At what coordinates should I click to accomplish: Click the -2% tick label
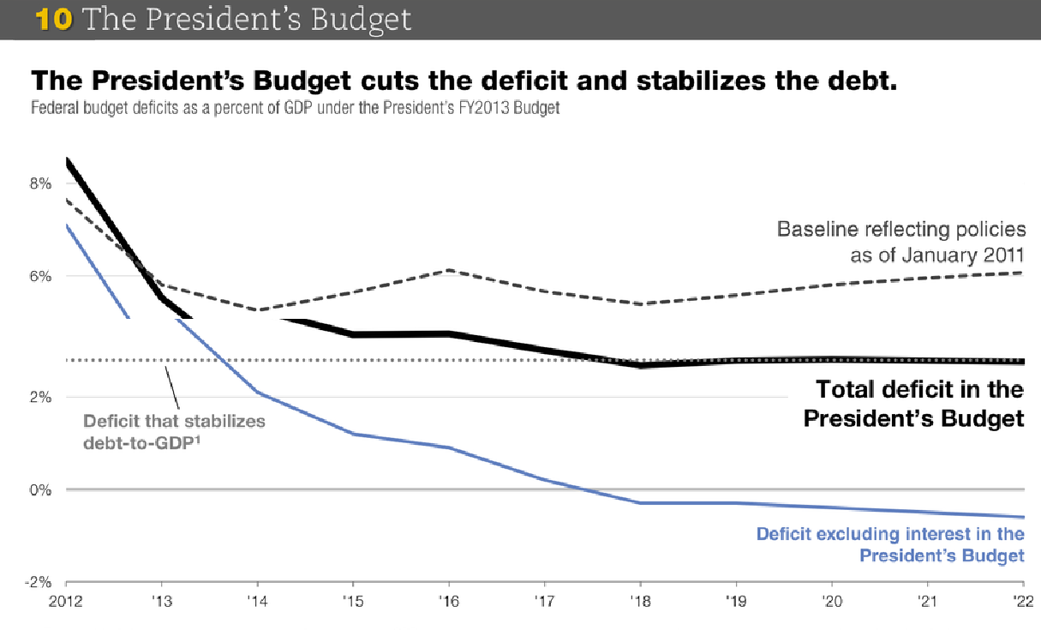pos(40,582)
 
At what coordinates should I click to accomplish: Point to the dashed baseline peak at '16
pos(448,271)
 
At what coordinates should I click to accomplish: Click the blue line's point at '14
pos(257,393)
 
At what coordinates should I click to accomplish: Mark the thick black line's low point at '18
pos(639,365)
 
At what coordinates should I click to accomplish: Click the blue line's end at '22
pos(1023,517)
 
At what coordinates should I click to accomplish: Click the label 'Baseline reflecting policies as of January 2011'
pos(900,243)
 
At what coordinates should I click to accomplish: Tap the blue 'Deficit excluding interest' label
pos(890,545)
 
